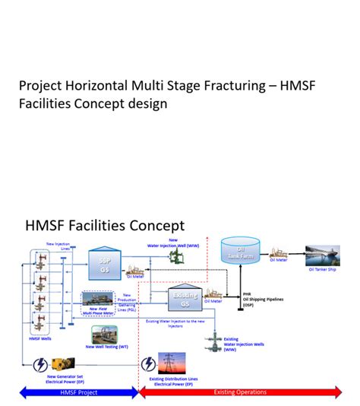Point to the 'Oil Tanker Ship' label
pos(322,269)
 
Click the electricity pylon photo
pos(172,363)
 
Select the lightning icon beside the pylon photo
pos(148,363)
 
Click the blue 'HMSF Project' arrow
pos(78,392)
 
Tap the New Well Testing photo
pos(104,335)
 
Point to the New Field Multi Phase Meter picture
pos(97,298)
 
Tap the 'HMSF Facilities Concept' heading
pos(105,225)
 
